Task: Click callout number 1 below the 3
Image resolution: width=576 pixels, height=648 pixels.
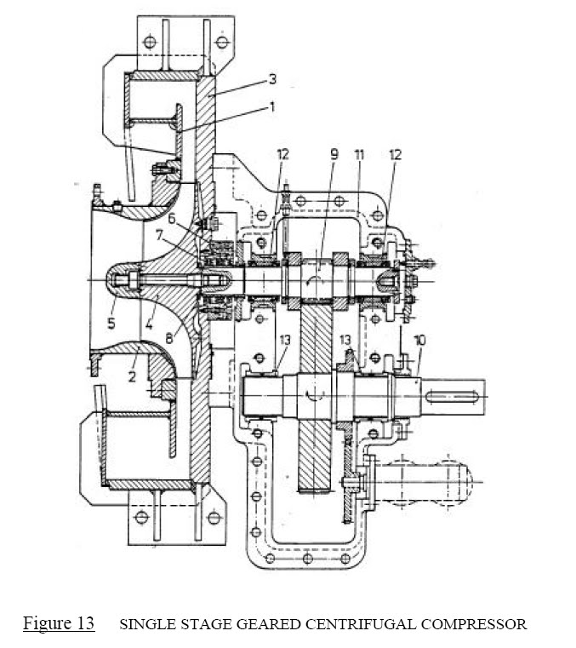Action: [x=272, y=108]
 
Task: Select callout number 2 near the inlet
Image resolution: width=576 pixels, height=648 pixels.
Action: [x=132, y=376]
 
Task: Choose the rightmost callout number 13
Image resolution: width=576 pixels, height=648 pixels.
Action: [x=346, y=340]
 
